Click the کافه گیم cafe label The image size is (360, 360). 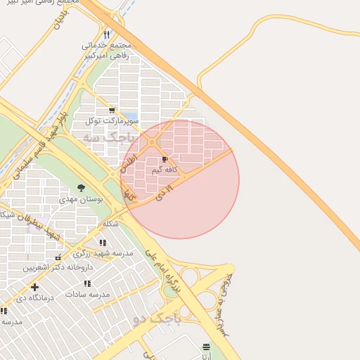coord(165,169)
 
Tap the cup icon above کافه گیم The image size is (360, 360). coord(165,160)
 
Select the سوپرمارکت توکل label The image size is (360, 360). coord(112,121)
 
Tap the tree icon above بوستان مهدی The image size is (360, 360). coord(82,188)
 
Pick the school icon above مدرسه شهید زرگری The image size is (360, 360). coord(103,243)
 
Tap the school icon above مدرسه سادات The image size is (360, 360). coord(87,283)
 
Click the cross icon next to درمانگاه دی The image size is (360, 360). coord(34,287)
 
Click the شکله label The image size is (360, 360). coord(110,224)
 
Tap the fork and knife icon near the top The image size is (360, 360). coord(107,34)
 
